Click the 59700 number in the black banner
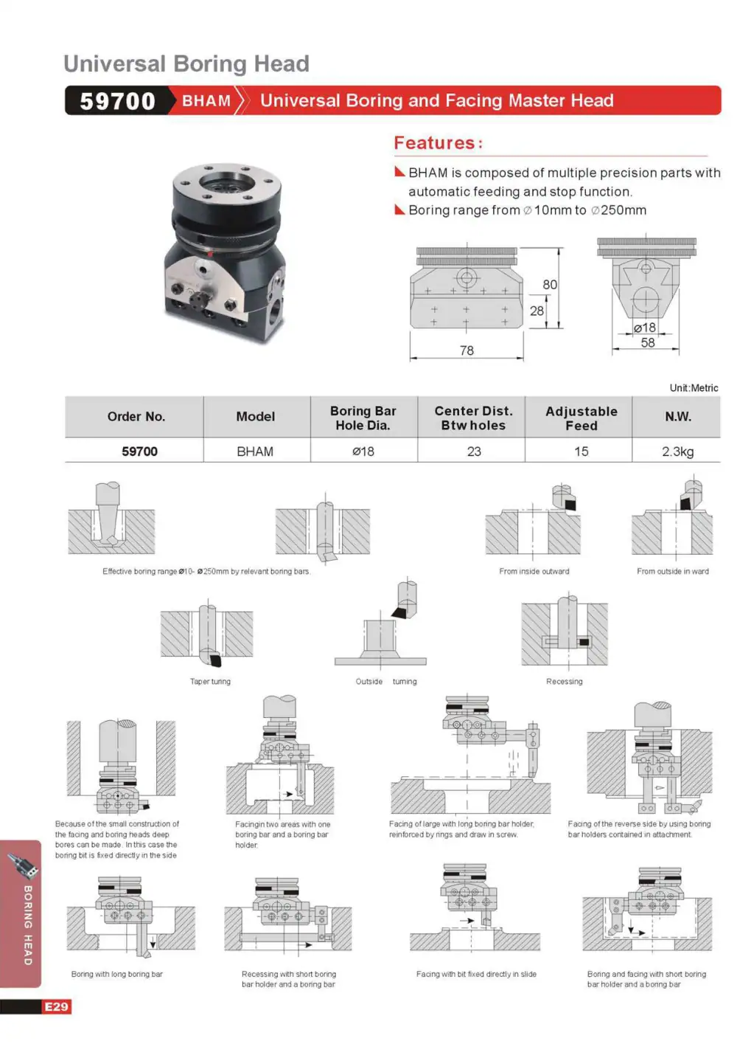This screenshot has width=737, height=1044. point(117,101)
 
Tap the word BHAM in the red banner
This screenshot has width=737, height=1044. point(206,100)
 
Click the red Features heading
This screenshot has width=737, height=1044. point(438,142)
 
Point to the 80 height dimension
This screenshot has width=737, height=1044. point(549,284)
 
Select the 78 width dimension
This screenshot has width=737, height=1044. point(467,350)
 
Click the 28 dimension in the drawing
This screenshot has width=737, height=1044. point(537,311)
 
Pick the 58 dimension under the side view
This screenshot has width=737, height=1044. point(648,342)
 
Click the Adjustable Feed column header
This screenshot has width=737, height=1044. point(581,418)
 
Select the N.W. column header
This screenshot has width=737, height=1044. point(677,416)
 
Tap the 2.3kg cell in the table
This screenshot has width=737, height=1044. point(677,451)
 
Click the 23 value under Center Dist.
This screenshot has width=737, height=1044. point(473,451)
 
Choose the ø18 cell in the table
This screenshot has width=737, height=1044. point(363,451)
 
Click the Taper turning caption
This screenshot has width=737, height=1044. point(210,681)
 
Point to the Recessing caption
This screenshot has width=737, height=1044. point(564,681)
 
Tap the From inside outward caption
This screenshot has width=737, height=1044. point(534,571)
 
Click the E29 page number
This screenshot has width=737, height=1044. point(56,1006)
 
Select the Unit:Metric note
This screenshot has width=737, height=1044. point(694,388)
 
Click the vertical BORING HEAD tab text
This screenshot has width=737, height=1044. point(28,925)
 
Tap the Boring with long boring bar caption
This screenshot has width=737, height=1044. point(117,974)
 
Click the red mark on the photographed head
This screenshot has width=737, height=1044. point(210,254)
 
